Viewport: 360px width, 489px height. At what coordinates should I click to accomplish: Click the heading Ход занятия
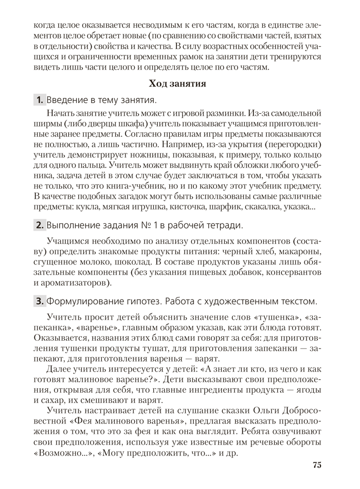[x=177, y=83]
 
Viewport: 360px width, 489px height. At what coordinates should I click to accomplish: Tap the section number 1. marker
[x=39, y=99]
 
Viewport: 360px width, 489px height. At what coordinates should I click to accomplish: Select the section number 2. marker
[x=39, y=224]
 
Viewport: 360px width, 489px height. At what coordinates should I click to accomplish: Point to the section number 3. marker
[x=39, y=301]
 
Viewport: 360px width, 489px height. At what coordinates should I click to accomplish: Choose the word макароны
[x=303, y=251]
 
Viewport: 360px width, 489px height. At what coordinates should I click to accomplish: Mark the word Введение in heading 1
[x=68, y=99]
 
